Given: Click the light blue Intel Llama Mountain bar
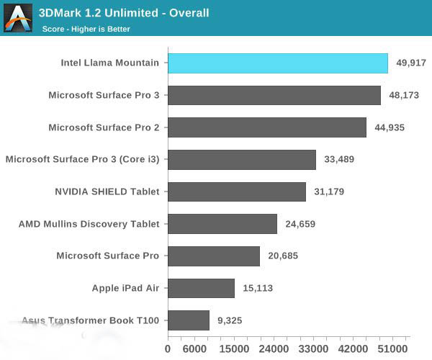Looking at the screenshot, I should coord(278,63).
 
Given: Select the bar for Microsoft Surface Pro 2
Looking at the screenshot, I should coord(267,127).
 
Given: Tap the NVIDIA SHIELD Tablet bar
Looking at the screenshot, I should coord(237,192).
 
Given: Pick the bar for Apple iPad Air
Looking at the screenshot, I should coord(202,288).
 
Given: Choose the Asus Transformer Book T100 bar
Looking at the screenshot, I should coord(189,320).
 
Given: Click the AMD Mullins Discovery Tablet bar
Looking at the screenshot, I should coord(222,224).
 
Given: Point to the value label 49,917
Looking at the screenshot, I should coord(411,63).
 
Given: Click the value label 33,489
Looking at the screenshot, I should coord(338,159).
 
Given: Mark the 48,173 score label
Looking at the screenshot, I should coord(404,95).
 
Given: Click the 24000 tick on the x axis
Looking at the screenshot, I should coord(273,348).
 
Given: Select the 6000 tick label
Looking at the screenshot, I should coord(194,348).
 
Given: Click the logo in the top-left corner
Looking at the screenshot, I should coord(18,18).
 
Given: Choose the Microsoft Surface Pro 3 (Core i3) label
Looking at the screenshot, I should coord(82,159).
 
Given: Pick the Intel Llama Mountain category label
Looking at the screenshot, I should coord(110,63).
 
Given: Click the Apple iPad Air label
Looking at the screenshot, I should coord(125,288).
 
